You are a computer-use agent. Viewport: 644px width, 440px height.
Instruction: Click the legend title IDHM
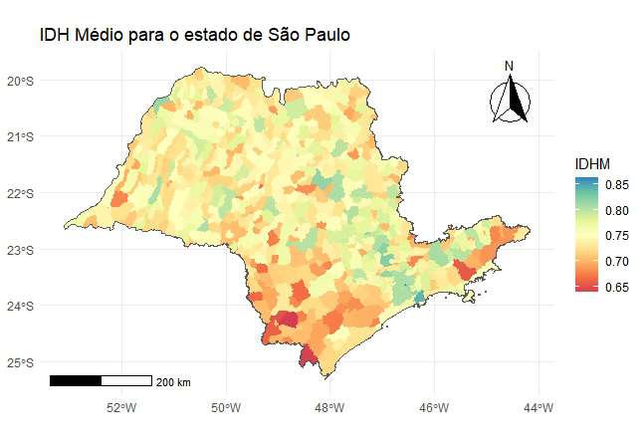(592, 162)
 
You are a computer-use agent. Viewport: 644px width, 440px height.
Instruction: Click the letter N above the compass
(509, 67)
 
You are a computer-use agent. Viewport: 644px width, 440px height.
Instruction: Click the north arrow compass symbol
(510, 101)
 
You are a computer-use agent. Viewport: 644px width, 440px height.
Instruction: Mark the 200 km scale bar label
(174, 382)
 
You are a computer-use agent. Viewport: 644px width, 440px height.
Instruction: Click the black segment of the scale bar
(76, 380)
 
